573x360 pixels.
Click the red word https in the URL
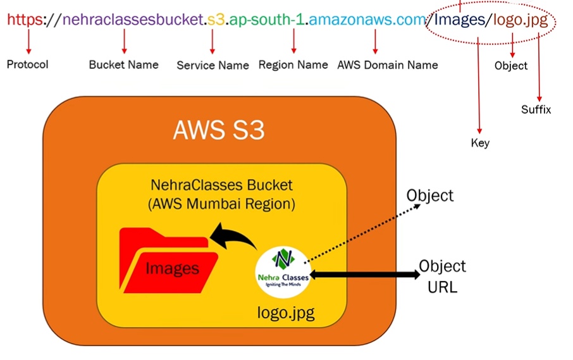(23, 20)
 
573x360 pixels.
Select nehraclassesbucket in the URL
(135, 20)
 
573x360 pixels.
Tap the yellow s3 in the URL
(216, 20)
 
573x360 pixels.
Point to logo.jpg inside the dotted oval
(521, 20)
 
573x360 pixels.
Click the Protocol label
(27, 64)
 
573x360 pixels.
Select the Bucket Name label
(123, 65)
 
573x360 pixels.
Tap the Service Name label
(213, 65)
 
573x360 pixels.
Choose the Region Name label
(293, 65)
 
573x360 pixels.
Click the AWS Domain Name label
(387, 65)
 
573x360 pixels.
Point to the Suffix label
(536, 109)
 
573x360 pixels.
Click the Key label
(480, 143)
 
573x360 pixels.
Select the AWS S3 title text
(219, 131)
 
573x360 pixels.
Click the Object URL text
(443, 276)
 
